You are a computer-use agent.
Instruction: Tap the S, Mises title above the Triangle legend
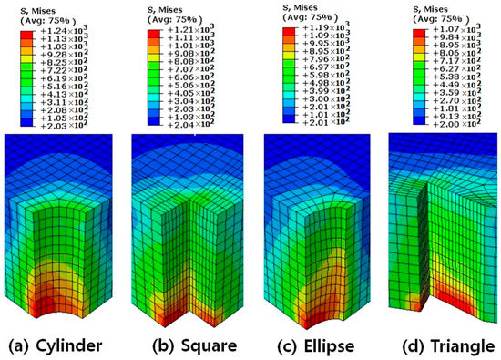pos(434,7)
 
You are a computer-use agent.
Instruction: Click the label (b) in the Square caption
pos(154,346)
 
